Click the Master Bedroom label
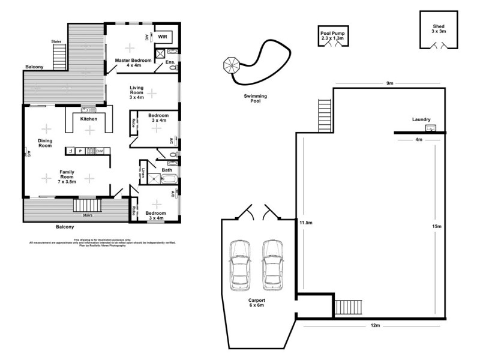[x=133, y=62]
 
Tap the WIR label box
[x=163, y=37]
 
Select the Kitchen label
[x=89, y=119]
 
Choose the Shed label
[x=439, y=29]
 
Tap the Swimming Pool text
[x=255, y=99]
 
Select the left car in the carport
[x=240, y=263]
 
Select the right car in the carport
[x=272, y=263]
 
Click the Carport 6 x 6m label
[x=256, y=302]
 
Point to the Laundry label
[x=421, y=119]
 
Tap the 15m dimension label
[x=436, y=226]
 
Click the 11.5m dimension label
[x=306, y=223]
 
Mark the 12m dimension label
[x=375, y=325]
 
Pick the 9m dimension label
[x=389, y=83]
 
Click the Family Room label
[x=67, y=175]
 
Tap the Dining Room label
[x=46, y=143]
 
